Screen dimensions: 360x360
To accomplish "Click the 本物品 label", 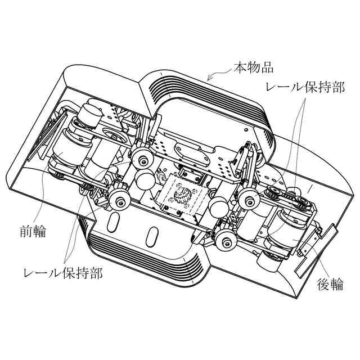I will (x=253, y=69).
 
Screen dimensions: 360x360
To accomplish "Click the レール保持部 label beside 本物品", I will (x=304, y=88).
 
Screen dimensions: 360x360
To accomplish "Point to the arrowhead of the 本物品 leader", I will (x=209, y=79).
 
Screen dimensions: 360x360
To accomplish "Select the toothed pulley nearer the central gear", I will (x=276, y=194).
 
